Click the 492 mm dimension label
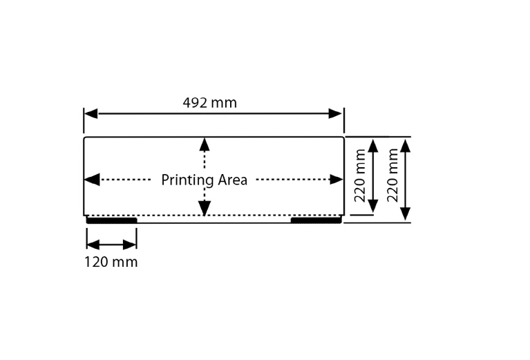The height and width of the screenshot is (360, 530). coord(209,103)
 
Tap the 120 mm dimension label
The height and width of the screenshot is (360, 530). coord(111,262)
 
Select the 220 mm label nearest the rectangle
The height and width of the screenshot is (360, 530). coord(360,176)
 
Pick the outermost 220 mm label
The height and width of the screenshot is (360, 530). coord(392,176)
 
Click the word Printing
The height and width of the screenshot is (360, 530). coord(187,180)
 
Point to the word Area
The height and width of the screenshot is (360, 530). coord(233,180)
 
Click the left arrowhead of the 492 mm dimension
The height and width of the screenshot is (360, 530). coord(91,113)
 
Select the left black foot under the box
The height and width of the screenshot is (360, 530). coord(112,220)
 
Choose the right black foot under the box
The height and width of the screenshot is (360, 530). coord(316,220)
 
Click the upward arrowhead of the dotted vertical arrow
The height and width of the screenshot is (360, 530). coord(205,144)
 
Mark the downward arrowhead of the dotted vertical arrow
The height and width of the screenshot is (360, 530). coord(205,208)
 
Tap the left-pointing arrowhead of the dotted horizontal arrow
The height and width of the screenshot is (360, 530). coord(92,180)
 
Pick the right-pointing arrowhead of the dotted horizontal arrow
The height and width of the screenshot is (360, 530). coord(337,180)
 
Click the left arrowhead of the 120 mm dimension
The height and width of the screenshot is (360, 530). coord(93,245)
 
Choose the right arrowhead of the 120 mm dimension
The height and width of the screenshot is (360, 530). coord(130,245)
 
